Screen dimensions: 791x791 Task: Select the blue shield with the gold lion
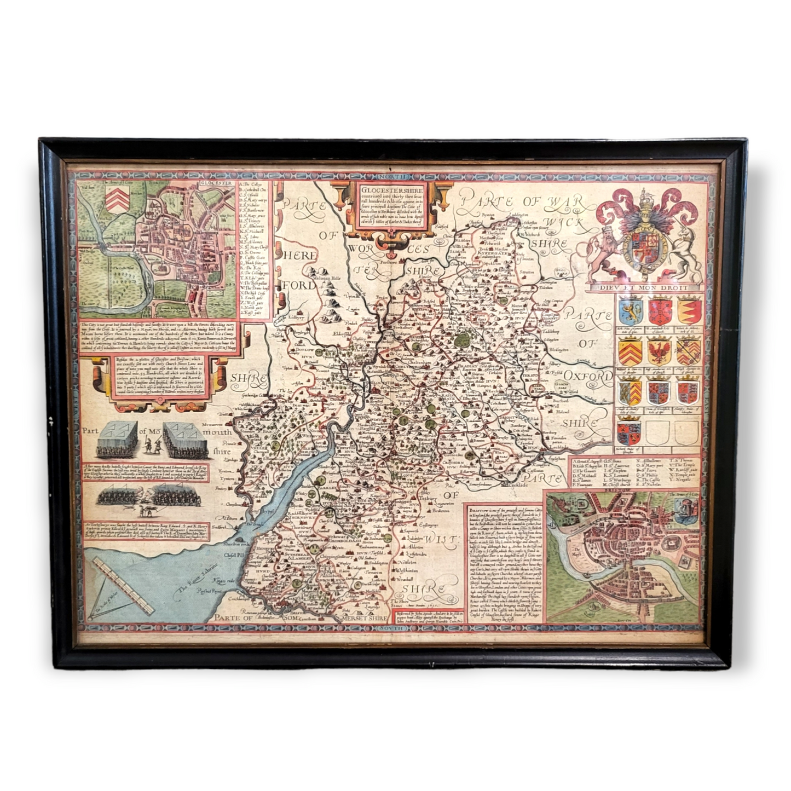click(x=630, y=310)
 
